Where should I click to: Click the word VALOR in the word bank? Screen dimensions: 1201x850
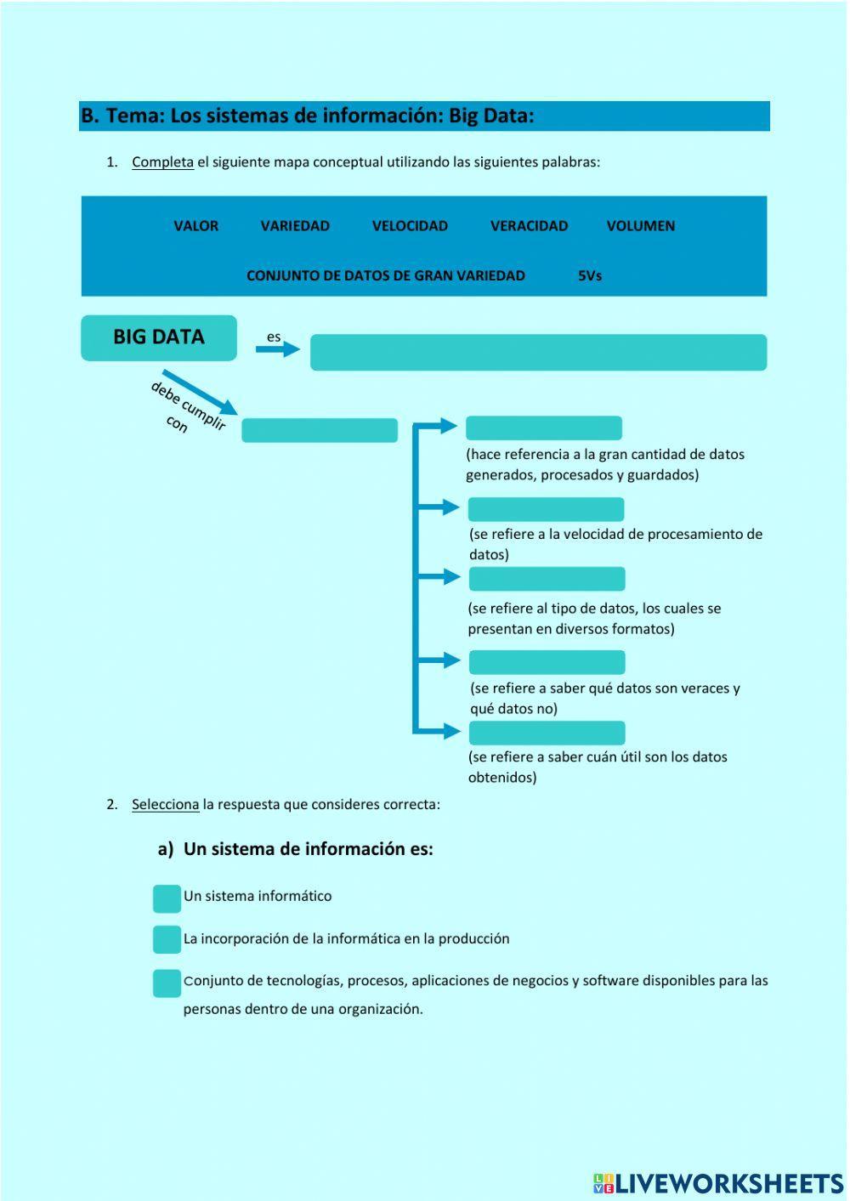coord(195,226)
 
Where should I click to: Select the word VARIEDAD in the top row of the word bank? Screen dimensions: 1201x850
coord(295,226)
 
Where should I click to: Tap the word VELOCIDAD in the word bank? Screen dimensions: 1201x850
coord(410,226)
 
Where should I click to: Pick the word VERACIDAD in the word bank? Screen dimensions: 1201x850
coord(529,226)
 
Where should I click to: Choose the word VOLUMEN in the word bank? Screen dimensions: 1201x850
coord(641,226)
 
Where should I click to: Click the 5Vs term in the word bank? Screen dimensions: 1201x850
coord(590,275)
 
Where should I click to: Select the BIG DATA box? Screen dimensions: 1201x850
coord(159,337)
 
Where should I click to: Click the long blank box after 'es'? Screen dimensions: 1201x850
coord(538,352)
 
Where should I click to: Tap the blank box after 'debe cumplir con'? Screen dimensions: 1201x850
coord(320,430)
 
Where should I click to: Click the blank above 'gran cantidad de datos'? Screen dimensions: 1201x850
coord(544,428)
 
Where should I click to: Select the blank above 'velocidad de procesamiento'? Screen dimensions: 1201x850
coord(546,509)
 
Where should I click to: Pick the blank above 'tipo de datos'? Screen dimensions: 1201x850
coord(547,579)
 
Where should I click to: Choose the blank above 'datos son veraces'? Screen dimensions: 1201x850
coord(547,662)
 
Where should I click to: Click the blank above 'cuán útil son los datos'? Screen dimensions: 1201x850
coord(547,733)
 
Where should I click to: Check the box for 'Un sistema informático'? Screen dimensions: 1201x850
coord(167,898)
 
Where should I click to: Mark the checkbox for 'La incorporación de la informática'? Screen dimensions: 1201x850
coord(167,939)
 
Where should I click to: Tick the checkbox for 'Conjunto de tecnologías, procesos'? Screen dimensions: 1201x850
coord(167,983)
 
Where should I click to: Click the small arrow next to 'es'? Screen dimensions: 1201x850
coord(278,348)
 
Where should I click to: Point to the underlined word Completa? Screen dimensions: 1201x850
coord(162,162)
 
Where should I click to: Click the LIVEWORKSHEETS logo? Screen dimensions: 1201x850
coord(718,1182)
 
